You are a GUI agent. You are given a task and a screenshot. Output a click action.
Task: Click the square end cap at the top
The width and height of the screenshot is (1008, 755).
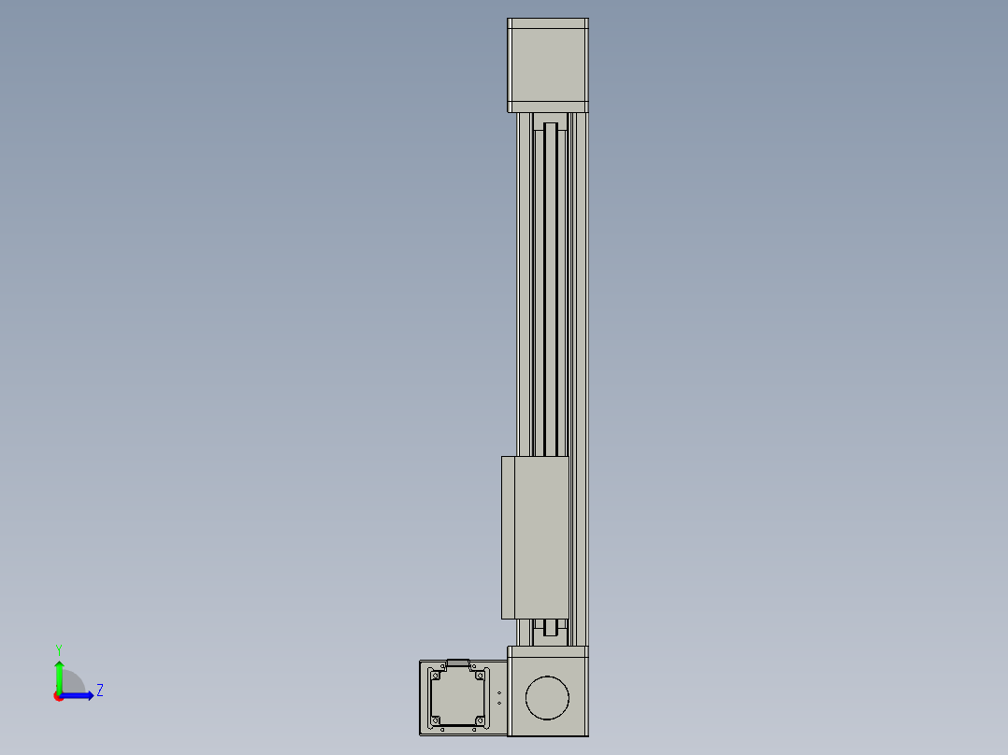[x=548, y=65]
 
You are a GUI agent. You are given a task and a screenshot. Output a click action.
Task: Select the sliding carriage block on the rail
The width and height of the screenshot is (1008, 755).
[x=535, y=538]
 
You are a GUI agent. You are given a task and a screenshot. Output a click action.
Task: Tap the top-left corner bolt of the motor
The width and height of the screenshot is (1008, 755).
[x=436, y=676]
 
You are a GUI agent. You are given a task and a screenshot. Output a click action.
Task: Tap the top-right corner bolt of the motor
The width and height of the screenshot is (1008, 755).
[x=480, y=676]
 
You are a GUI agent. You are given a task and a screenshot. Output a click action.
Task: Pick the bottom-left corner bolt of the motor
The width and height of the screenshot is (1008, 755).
[x=436, y=720]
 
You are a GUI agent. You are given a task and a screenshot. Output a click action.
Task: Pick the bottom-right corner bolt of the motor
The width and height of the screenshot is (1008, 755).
[x=480, y=720]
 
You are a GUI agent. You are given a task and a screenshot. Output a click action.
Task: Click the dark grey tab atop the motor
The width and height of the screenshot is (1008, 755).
[x=458, y=662]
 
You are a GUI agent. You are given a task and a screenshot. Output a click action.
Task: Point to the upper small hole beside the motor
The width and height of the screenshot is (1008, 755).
[x=499, y=693]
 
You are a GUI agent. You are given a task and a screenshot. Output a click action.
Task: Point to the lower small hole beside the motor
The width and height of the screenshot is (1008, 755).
[x=499, y=703]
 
